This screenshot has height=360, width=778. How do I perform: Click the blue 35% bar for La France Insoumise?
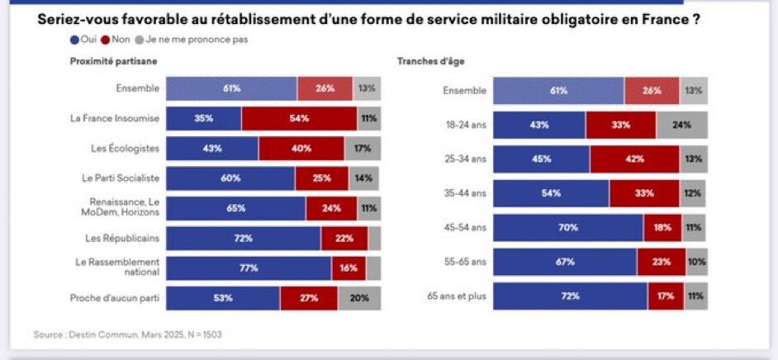tap(204, 118)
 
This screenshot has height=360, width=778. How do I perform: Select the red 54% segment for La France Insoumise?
tap(299, 118)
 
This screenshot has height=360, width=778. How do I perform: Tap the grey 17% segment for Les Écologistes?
tap(363, 149)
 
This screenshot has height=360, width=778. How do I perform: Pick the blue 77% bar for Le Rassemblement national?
tap(249, 268)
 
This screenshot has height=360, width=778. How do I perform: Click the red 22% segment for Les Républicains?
tap(344, 238)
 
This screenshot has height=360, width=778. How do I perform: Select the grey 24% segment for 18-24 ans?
tap(681, 125)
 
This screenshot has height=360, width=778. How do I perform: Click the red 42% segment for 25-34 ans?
tap(634, 159)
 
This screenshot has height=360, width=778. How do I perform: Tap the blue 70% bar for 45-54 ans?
tap(568, 227)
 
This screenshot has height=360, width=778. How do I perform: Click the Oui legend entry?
tap(84, 39)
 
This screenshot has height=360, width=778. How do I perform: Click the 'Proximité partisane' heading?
tap(113, 61)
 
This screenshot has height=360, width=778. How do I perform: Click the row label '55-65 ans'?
tap(463, 261)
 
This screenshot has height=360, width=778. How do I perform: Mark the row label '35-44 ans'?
tap(463, 193)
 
